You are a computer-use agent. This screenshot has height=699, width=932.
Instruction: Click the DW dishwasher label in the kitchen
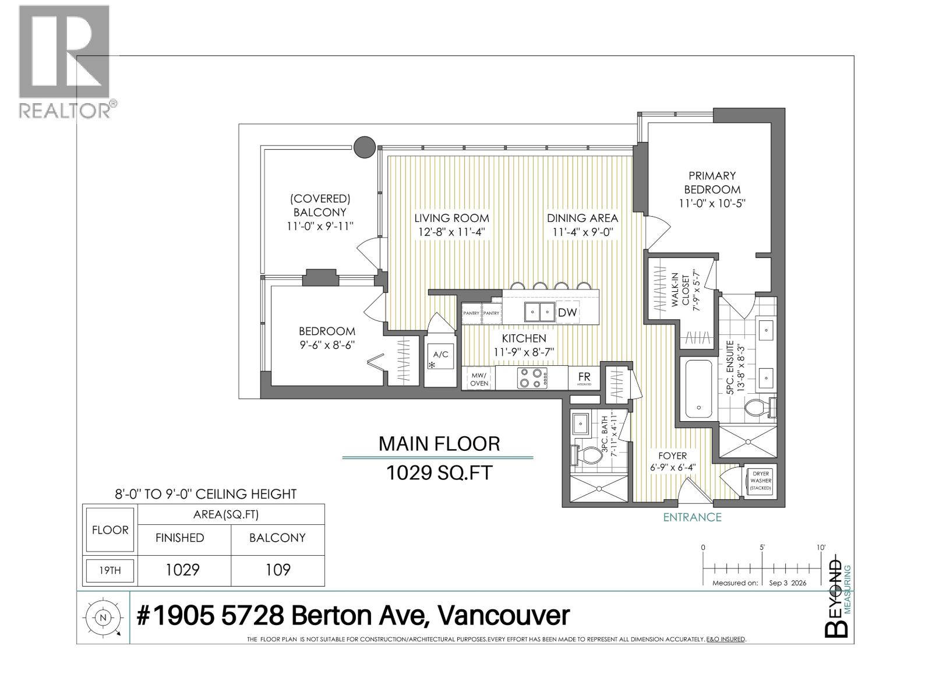[x=567, y=313]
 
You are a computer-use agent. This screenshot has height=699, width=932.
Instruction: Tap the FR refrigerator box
[x=584, y=377]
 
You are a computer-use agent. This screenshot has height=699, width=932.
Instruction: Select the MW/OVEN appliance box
[x=479, y=378]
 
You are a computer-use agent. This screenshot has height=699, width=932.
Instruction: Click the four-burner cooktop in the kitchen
[x=532, y=377]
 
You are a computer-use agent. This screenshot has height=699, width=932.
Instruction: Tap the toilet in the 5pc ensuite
[x=760, y=408]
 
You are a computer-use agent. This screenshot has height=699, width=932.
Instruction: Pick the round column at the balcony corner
[x=364, y=147]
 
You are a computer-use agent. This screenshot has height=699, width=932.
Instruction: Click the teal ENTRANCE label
[x=692, y=517]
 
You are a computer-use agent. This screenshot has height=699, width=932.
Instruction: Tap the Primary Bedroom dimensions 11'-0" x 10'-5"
[x=712, y=203]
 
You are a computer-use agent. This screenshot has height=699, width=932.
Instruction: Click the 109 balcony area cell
[x=278, y=570]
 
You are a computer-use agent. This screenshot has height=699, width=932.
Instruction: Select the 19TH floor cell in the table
[x=110, y=570]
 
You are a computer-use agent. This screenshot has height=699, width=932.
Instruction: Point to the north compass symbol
[x=103, y=617]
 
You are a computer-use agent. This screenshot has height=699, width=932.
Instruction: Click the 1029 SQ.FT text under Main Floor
[x=439, y=472]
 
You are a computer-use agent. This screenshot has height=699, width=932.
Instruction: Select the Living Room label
[x=451, y=218]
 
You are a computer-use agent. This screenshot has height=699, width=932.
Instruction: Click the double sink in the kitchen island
[x=539, y=312]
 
